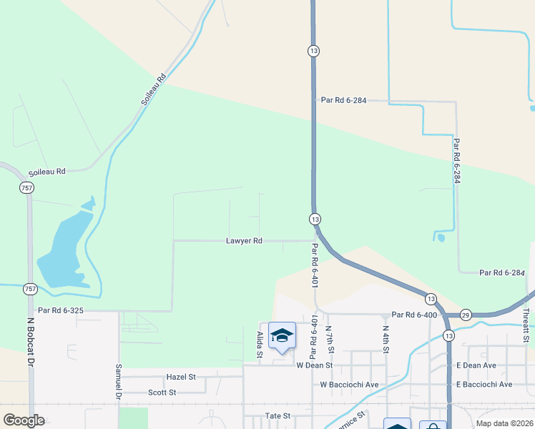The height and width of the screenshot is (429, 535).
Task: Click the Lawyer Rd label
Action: [x=244, y=241]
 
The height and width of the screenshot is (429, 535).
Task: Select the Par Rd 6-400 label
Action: [x=414, y=315]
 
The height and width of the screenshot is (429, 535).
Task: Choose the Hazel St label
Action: [x=181, y=376]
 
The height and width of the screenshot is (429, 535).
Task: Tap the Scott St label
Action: [x=162, y=392]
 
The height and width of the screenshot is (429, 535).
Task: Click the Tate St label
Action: [x=277, y=415]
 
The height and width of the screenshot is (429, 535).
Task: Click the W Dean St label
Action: [x=315, y=365]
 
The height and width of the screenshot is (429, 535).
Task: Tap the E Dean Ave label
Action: [x=476, y=365]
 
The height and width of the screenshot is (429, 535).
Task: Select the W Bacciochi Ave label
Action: [x=348, y=384]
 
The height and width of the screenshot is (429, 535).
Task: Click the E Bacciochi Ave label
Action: [x=484, y=384]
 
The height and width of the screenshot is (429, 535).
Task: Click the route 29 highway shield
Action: [x=465, y=315]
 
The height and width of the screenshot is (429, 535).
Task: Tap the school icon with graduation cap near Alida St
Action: [x=282, y=335]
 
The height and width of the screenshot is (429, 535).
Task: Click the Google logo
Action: [x=24, y=420]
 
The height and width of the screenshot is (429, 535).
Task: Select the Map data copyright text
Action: [x=504, y=423]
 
